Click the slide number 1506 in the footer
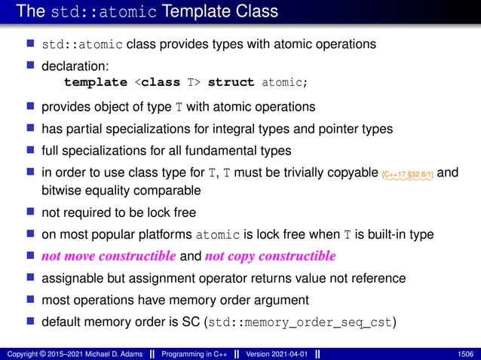pyautogui.click(x=465, y=352)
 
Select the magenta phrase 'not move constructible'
pyautogui.click(x=108, y=256)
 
